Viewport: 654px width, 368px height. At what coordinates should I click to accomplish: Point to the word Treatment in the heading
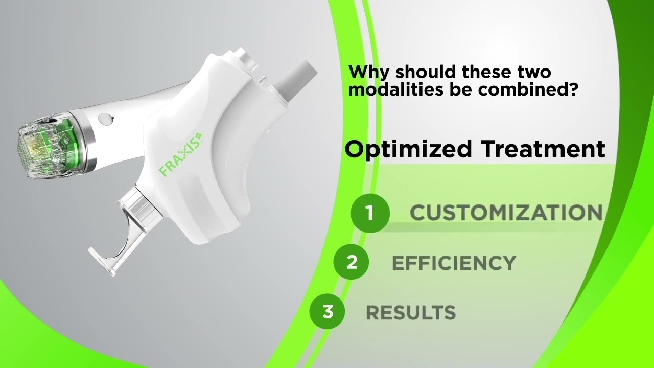543,149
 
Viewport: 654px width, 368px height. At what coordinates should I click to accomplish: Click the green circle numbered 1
370,213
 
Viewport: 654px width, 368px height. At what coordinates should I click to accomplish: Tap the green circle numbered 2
352,262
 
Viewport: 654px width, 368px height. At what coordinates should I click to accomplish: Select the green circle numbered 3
328,311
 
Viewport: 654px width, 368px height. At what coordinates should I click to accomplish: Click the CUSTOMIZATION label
506,213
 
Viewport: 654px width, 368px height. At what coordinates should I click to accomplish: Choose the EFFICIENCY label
454,263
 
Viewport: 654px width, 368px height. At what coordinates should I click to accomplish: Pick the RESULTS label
411,312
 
